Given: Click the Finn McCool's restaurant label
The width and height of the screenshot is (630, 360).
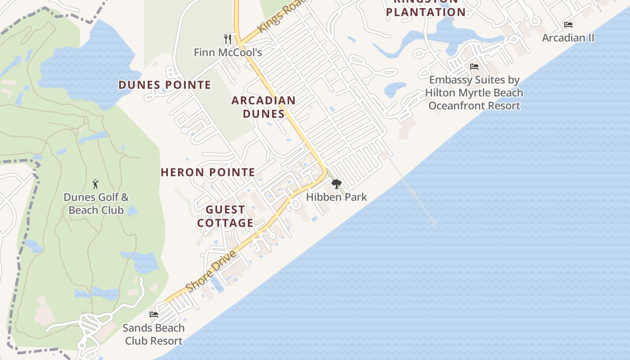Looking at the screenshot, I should pos(228,52).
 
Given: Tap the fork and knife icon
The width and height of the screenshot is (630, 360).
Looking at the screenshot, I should pos(228,39).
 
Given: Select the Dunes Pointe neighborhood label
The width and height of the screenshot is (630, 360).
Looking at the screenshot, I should pos(165,85).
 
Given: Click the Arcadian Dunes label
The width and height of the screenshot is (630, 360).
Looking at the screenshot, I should pos(264,107).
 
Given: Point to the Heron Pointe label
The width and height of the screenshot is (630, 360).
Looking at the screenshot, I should pos(208,172).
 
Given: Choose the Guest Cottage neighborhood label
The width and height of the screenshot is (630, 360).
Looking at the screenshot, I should pos(225,216).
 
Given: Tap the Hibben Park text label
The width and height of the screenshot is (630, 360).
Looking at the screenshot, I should pos(337,197).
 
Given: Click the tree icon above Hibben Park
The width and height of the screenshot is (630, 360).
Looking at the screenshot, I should pos(336,184).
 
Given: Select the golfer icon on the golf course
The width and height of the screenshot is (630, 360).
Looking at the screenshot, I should pos(95,184).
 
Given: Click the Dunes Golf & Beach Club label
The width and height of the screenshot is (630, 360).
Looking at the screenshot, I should pos(96,203).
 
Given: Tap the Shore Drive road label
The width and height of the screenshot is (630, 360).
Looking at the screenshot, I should pos(211,271).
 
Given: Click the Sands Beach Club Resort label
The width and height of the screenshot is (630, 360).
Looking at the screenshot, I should pos(153,334).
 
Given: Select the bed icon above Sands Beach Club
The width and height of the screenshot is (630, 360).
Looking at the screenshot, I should pos(154,314).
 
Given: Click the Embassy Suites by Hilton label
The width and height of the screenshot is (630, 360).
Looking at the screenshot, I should pos(474,93).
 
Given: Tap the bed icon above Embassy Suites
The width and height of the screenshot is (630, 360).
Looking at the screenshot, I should pos(474,67).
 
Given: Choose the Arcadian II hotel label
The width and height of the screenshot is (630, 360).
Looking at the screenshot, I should pos(568,38).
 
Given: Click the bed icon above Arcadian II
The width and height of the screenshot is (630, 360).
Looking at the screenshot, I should pos(568,25).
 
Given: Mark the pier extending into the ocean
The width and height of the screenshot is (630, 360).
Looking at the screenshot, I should pos(412,191).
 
